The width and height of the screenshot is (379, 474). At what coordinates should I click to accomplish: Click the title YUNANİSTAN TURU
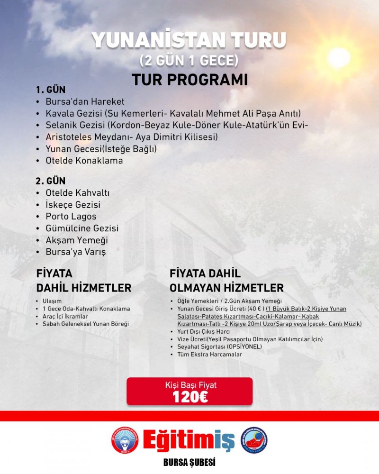(189, 42)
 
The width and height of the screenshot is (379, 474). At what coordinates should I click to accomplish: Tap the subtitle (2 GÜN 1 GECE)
(189, 61)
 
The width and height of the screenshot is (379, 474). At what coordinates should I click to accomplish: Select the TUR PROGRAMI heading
(189, 79)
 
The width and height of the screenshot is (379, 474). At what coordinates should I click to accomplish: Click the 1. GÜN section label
(50, 90)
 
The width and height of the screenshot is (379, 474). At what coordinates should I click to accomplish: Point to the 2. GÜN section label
(50, 181)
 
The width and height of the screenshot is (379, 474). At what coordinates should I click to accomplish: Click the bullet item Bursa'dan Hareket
(85, 101)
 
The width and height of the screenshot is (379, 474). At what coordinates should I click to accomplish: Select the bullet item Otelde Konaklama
(84, 160)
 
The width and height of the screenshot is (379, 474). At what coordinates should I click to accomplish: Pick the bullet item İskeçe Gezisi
(73, 205)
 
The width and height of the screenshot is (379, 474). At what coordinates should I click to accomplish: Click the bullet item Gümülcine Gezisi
(82, 228)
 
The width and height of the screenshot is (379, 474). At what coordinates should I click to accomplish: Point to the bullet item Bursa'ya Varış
(75, 252)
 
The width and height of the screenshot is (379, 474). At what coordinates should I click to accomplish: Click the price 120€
(190, 397)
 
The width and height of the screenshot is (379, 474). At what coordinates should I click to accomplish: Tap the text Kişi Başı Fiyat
(190, 385)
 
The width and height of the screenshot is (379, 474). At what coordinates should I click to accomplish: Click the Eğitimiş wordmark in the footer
(189, 440)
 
